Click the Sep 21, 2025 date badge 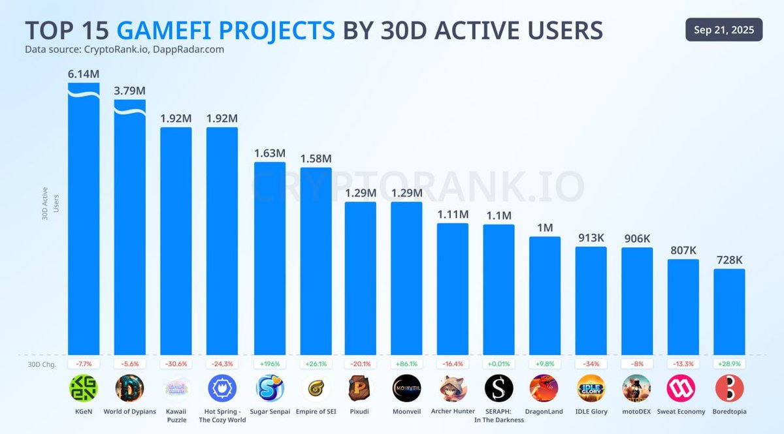click(x=724, y=30)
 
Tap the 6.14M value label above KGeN click(x=84, y=74)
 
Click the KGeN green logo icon click(x=84, y=388)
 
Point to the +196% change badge click(x=269, y=363)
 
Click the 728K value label click(x=729, y=260)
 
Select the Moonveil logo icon click(x=406, y=388)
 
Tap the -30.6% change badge click(x=176, y=363)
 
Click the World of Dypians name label click(x=129, y=412)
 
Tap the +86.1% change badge click(x=406, y=363)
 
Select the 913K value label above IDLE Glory click(x=591, y=238)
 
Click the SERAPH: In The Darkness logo click(x=498, y=388)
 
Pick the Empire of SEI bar click(x=316, y=261)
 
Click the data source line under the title click(x=124, y=50)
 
